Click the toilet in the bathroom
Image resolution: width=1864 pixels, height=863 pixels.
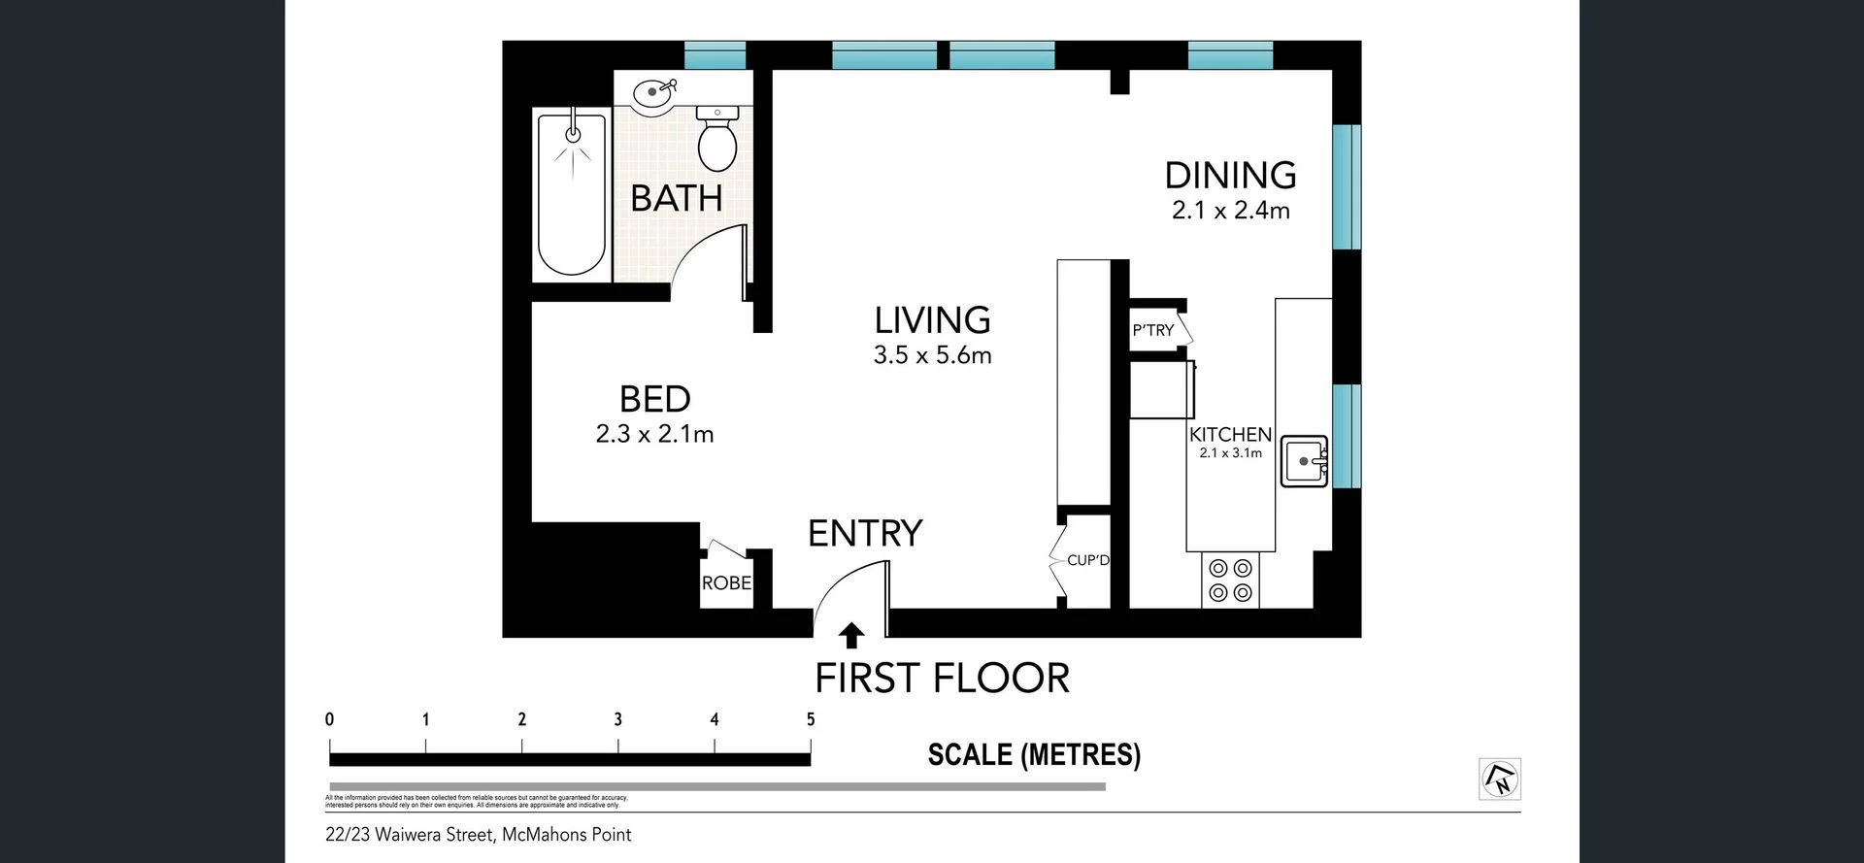(x=717, y=141)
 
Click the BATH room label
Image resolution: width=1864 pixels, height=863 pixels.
(x=677, y=199)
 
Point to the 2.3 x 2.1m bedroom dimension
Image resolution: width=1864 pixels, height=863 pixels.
(x=654, y=434)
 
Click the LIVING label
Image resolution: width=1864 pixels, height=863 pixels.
(x=932, y=320)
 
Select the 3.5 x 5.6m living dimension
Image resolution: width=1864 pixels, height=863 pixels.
(x=932, y=355)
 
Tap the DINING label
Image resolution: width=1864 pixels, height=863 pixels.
(x=1230, y=176)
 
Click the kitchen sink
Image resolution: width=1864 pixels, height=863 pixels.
(x=1304, y=461)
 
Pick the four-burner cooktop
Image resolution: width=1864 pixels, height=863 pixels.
(x=1230, y=581)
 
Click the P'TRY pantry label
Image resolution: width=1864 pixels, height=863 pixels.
(x=1153, y=331)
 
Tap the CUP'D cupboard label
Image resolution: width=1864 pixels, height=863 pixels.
(x=1087, y=560)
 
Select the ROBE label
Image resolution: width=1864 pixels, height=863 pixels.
(x=726, y=582)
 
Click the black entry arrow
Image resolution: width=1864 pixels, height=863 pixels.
(x=851, y=636)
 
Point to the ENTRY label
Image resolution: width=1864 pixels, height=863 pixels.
(x=865, y=533)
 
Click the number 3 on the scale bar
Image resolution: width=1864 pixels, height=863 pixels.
(x=617, y=719)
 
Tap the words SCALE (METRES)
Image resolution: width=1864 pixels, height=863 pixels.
(x=1034, y=754)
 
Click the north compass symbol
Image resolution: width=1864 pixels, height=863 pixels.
(x=1500, y=779)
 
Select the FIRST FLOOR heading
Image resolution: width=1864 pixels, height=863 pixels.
(x=942, y=678)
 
